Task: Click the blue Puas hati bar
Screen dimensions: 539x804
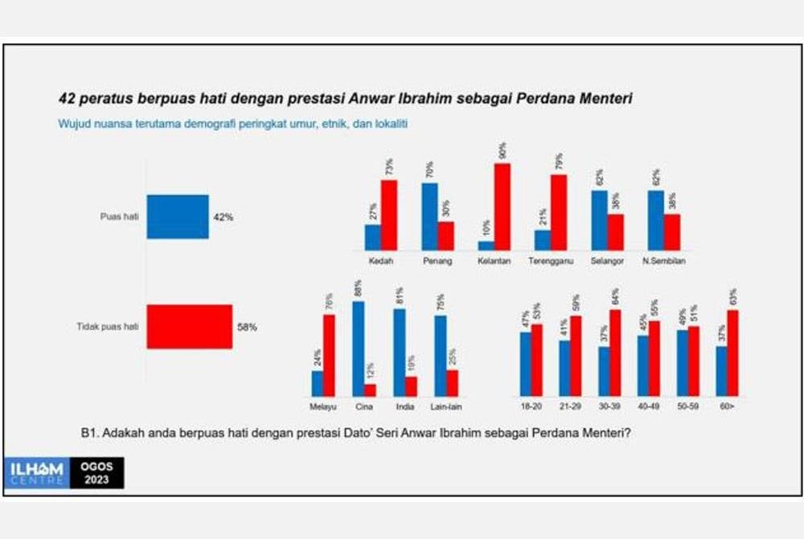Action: point(178,216)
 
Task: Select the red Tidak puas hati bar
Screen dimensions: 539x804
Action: point(189,326)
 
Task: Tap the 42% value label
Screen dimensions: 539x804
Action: point(223,217)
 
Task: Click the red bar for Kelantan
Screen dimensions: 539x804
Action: point(502,207)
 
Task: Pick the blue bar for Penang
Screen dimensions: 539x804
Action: point(429,216)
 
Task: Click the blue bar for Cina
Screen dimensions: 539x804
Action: point(358,348)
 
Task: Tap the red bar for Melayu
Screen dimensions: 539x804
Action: point(329,355)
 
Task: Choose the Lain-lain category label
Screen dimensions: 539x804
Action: point(446,406)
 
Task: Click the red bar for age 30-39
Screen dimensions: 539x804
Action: point(615,352)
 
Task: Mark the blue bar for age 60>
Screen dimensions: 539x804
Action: point(721,371)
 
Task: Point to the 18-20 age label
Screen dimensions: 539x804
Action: point(531,406)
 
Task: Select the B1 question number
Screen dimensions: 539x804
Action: point(88,432)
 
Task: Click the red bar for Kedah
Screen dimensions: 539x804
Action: point(388,215)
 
